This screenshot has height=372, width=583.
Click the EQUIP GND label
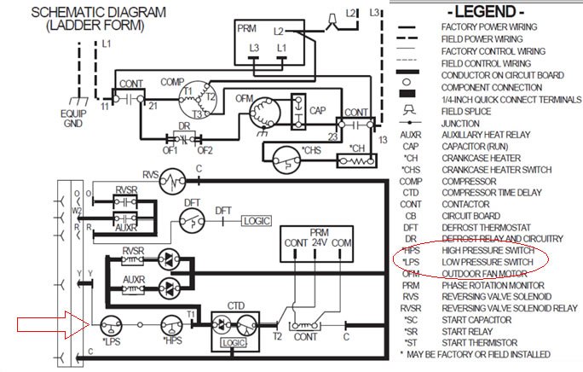point(73,116)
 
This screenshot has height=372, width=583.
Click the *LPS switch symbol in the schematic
point(109,325)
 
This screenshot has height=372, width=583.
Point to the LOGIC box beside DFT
point(257,220)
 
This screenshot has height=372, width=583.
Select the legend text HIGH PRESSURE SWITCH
point(489,251)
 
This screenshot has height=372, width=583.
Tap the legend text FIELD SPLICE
point(467,111)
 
